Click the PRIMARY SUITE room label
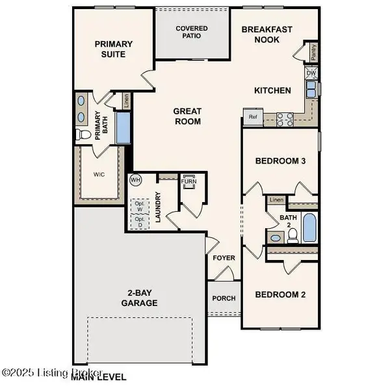pyautogui.click(x=114, y=49)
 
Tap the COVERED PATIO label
pyautogui.click(x=192, y=32)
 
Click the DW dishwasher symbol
pyautogui.click(x=311, y=74)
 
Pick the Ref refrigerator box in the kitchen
pyautogui.click(x=252, y=118)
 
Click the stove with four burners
pyautogui.click(x=284, y=119)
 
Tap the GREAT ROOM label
pyautogui.click(x=187, y=116)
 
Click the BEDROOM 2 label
pyautogui.click(x=280, y=294)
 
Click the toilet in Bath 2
pyautogui.click(x=292, y=235)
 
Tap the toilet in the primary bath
pyautogui.click(x=83, y=135)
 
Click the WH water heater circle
pyautogui.click(x=136, y=179)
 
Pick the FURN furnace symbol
pyautogui.click(x=190, y=181)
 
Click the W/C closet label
pyautogui.click(x=98, y=174)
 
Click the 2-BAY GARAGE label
pyautogui.click(x=139, y=298)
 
